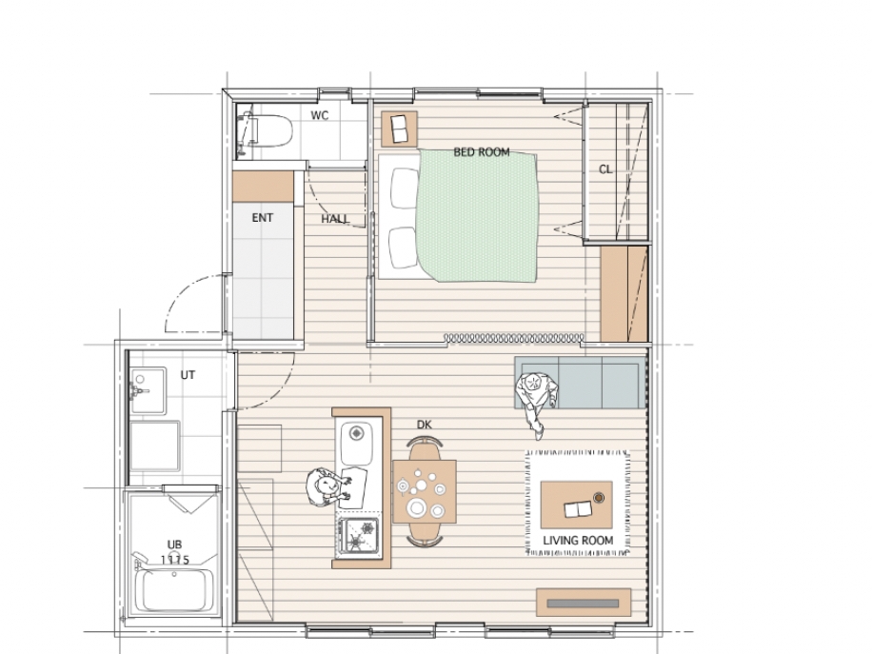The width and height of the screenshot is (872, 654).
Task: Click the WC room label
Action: pos(319,116)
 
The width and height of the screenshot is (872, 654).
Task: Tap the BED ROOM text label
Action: pos(482,151)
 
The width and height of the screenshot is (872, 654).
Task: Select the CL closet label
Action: pos(605,169)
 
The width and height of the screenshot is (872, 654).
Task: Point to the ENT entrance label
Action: pos(263,218)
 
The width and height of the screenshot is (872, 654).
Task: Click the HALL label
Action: pos(335,219)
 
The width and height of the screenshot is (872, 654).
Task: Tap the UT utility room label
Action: pos(188,375)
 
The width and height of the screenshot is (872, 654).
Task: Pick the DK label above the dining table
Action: pos(424,425)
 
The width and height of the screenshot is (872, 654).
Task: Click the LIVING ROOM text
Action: pos(578,541)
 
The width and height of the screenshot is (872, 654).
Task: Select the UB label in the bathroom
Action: pos(174,545)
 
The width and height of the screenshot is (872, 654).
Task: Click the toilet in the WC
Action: pos(265,131)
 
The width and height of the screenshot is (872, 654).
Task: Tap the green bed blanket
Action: pos(478,216)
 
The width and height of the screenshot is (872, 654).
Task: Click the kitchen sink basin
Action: pos(356,444)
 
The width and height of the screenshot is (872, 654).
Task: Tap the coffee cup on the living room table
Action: pos(599,498)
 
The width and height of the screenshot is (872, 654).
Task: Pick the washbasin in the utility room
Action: pos(148,390)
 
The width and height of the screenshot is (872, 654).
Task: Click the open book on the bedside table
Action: pos(399,129)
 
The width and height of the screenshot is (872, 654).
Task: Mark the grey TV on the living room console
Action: pos(583,604)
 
